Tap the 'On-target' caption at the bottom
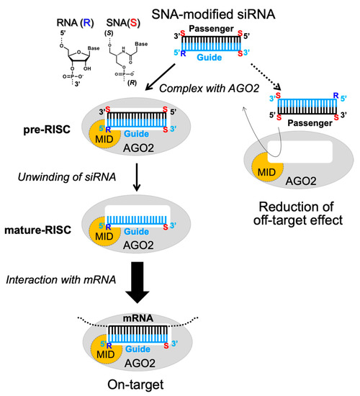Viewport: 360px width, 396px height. (x=143, y=383)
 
